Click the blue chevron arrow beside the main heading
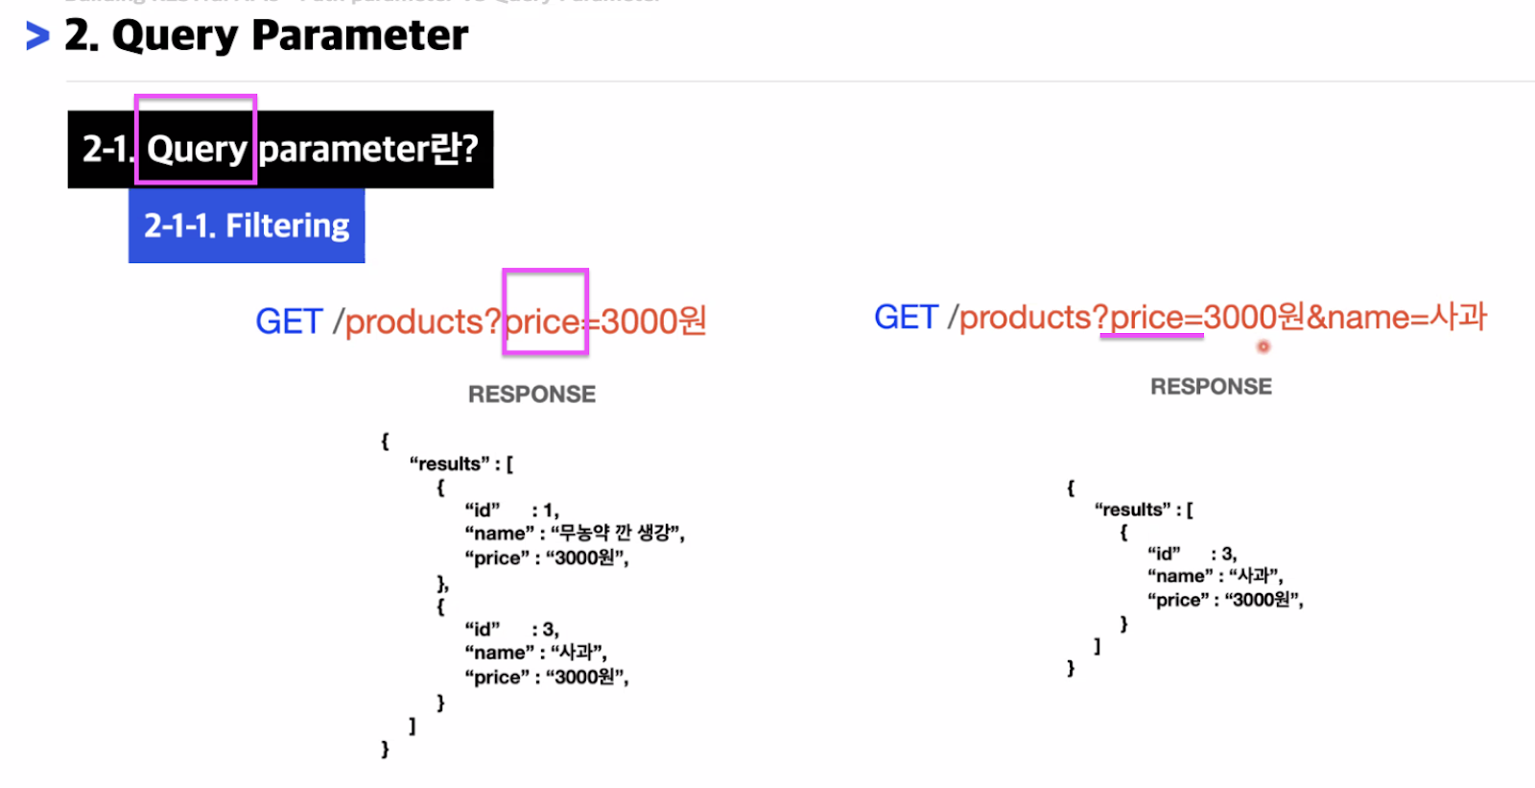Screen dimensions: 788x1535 tap(37, 36)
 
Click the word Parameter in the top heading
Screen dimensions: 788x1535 tap(360, 36)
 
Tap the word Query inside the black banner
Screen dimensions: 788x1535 tap(197, 149)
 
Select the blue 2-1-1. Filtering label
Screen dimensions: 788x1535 tap(247, 226)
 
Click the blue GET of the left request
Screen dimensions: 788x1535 tap(288, 322)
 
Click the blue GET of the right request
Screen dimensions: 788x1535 tap(906, 318)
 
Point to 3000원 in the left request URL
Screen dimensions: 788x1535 tap(653, 322)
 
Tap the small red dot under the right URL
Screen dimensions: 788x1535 tap(1263, 346)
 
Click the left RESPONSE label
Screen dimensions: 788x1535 tap(531, 394)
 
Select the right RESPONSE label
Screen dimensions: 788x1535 tap(1211, 387)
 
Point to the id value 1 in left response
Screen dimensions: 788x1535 tap(549, 510)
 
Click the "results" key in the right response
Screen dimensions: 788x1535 tap(1131, 510)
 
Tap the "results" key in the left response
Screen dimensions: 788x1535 tap(446, 464)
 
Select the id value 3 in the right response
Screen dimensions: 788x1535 tap(1228, 554)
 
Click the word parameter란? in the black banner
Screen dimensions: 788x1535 tap(368, 149)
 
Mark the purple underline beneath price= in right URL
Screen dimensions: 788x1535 tap(1151, 337)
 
